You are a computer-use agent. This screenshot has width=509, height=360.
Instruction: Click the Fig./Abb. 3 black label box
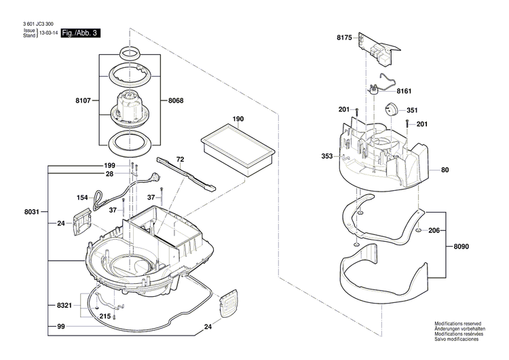pyautogui.click(x=80, y=33)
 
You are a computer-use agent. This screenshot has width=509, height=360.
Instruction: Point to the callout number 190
pyautogui.click(x=238, y=120)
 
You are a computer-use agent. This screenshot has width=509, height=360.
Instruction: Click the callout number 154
pyautogui.click(x=82, y=198)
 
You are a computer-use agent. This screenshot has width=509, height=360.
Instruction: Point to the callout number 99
pyautogui.click(x=60, y=327)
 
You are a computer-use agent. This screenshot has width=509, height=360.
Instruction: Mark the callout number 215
pyautogui.click(x=106, y=317)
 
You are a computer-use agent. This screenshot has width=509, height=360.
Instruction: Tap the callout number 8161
pyautogui.click(x=404, y=90)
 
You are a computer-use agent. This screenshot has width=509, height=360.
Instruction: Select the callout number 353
pyautogui.click(x=327, y=157)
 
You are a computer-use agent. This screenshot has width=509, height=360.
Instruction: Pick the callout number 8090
pyautogui.click(x=461, y=247)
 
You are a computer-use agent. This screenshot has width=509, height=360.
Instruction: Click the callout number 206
pyautogui.click(x=434, y=231)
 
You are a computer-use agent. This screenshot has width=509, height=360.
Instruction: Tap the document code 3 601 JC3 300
pyautogui.click(x=38, y=24)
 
